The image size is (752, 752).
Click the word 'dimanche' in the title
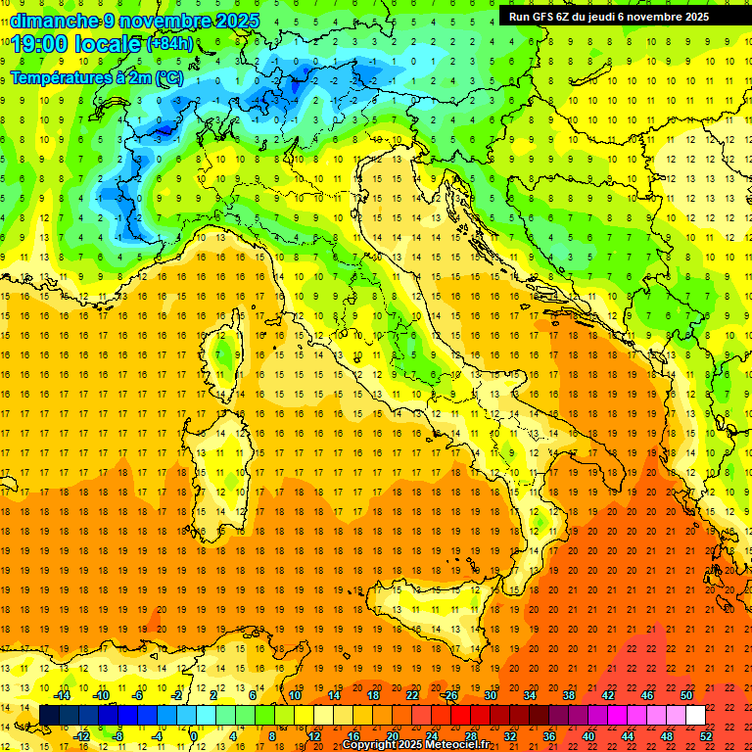pos(50,21)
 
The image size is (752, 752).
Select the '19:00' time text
pos(40,44)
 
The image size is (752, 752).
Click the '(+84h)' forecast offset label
pos(169,44)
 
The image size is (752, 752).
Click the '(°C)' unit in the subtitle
pos(167,76)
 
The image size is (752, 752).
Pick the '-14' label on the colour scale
pos(62,696)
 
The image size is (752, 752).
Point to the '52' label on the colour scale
pos(706,736)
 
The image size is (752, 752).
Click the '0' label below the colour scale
pos(194,736)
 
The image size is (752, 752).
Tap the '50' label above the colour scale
pos(686,696)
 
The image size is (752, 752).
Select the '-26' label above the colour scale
pos(449,696)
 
